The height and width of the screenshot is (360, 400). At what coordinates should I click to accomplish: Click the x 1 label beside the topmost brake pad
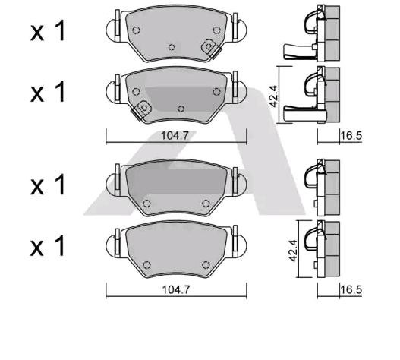point(48,31)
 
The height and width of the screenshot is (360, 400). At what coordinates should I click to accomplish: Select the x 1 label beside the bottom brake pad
point(48,245)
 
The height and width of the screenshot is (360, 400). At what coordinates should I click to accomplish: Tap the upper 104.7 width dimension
point(175,136)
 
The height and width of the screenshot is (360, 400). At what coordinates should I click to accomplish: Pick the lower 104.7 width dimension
point(176,289)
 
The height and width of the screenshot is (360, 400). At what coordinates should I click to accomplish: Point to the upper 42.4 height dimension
point(273,96)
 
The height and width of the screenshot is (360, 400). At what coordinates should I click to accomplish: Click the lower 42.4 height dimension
point(293,250)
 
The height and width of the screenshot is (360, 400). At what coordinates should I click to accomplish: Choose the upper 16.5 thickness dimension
point(351,136)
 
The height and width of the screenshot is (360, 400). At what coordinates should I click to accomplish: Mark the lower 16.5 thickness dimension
point(351,289)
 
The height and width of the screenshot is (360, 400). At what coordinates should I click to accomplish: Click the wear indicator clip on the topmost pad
point(211,48)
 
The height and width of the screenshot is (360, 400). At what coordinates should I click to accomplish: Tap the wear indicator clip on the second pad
point(142,110)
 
